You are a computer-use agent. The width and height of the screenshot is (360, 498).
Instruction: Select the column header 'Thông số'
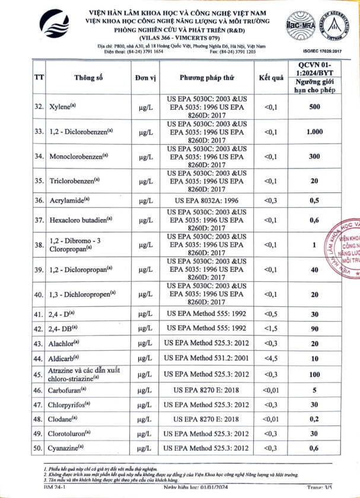click(x=89, y=78)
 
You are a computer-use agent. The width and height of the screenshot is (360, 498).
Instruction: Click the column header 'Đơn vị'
click(x=144, y=78)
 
